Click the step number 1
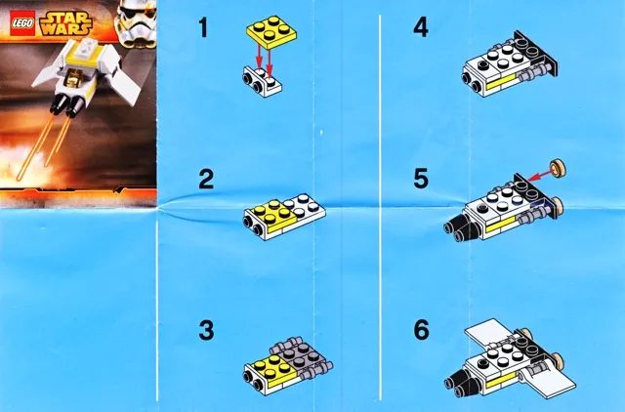203,27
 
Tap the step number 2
205,179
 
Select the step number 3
205,331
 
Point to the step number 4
420,27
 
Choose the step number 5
420,179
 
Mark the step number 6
420,331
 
